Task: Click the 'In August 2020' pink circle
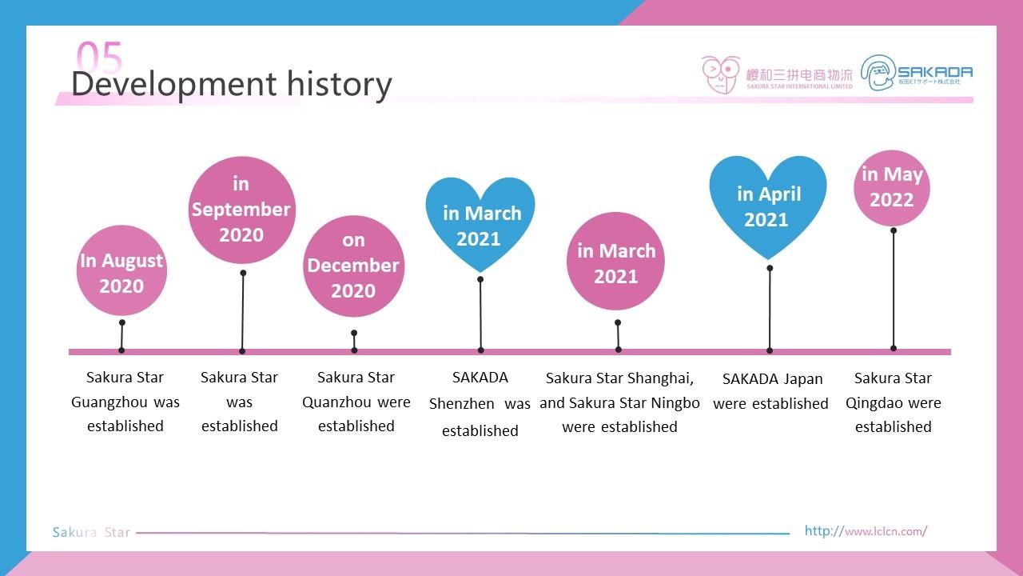tap(121, 270)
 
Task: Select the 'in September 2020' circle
tap(242, 210)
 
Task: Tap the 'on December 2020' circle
tap(353, 266)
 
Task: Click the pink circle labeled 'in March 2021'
tap(615, 261)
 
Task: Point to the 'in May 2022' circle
tap(892, 188)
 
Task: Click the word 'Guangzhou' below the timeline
tap(109, 402)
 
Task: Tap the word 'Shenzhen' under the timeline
tap(461, 404)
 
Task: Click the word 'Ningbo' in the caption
tap(675, 403)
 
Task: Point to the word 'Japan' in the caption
tap(803, 379)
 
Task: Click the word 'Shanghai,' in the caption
tap(660, 378)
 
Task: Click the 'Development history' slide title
tap(232, 85)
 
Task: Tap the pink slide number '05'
tap(99, 56)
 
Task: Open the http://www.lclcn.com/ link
tap(866, 530)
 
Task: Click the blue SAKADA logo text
tap(934, 72)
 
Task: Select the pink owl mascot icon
tap(721, 74)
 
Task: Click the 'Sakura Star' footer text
tap(91, 532)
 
